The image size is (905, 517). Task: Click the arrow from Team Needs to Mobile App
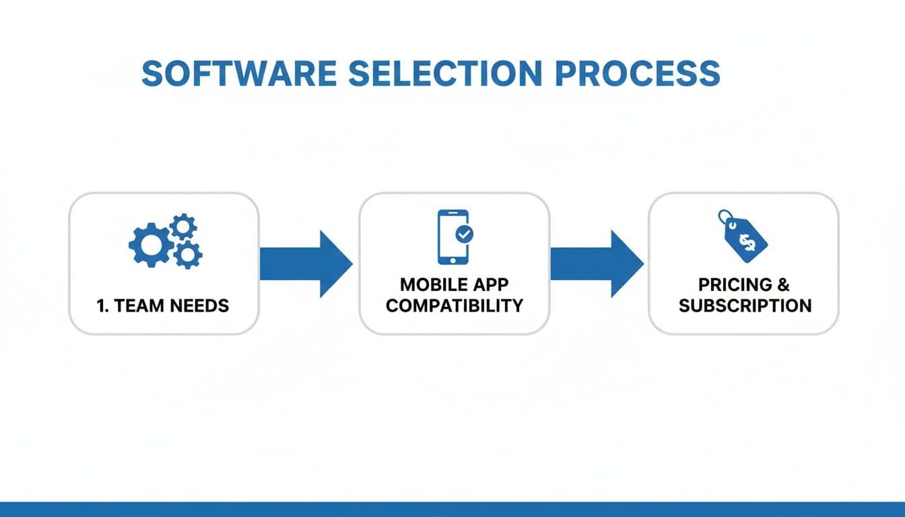coord(307,264)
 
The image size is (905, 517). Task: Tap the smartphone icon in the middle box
coord(451,236)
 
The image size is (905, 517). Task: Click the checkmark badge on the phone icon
coord(465,234)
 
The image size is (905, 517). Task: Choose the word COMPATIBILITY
coord(454,306)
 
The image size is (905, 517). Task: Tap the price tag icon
coord(743,236)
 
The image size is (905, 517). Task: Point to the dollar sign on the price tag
coord(747,240)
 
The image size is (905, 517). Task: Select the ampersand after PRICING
coord(782,284)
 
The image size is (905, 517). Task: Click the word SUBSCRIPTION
coord(745,306)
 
